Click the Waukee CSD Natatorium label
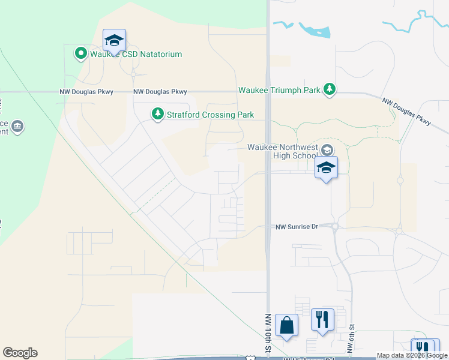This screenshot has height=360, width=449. click(136, 54)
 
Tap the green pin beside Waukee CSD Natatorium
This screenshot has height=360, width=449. click(80, 54)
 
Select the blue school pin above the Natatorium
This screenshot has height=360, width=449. click(114, 41)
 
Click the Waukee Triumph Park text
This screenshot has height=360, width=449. click(279, 90)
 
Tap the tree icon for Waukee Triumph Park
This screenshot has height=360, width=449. click(329, 89)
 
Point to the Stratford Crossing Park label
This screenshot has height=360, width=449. click(210, 115)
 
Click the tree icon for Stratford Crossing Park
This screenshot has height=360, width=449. click(157, 114)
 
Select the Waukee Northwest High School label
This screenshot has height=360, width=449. click(282, 152)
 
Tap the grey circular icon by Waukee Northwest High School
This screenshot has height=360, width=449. click(327, 149)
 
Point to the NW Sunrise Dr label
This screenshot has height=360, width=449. click(296, 227)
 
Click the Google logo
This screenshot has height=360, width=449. click(20, 353)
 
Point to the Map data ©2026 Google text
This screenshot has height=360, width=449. click(412, 355)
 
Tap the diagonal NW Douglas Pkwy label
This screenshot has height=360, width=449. click(407, 112)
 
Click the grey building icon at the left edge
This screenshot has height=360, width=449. click(17, 127)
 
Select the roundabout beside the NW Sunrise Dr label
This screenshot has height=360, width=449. click(334, 226)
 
